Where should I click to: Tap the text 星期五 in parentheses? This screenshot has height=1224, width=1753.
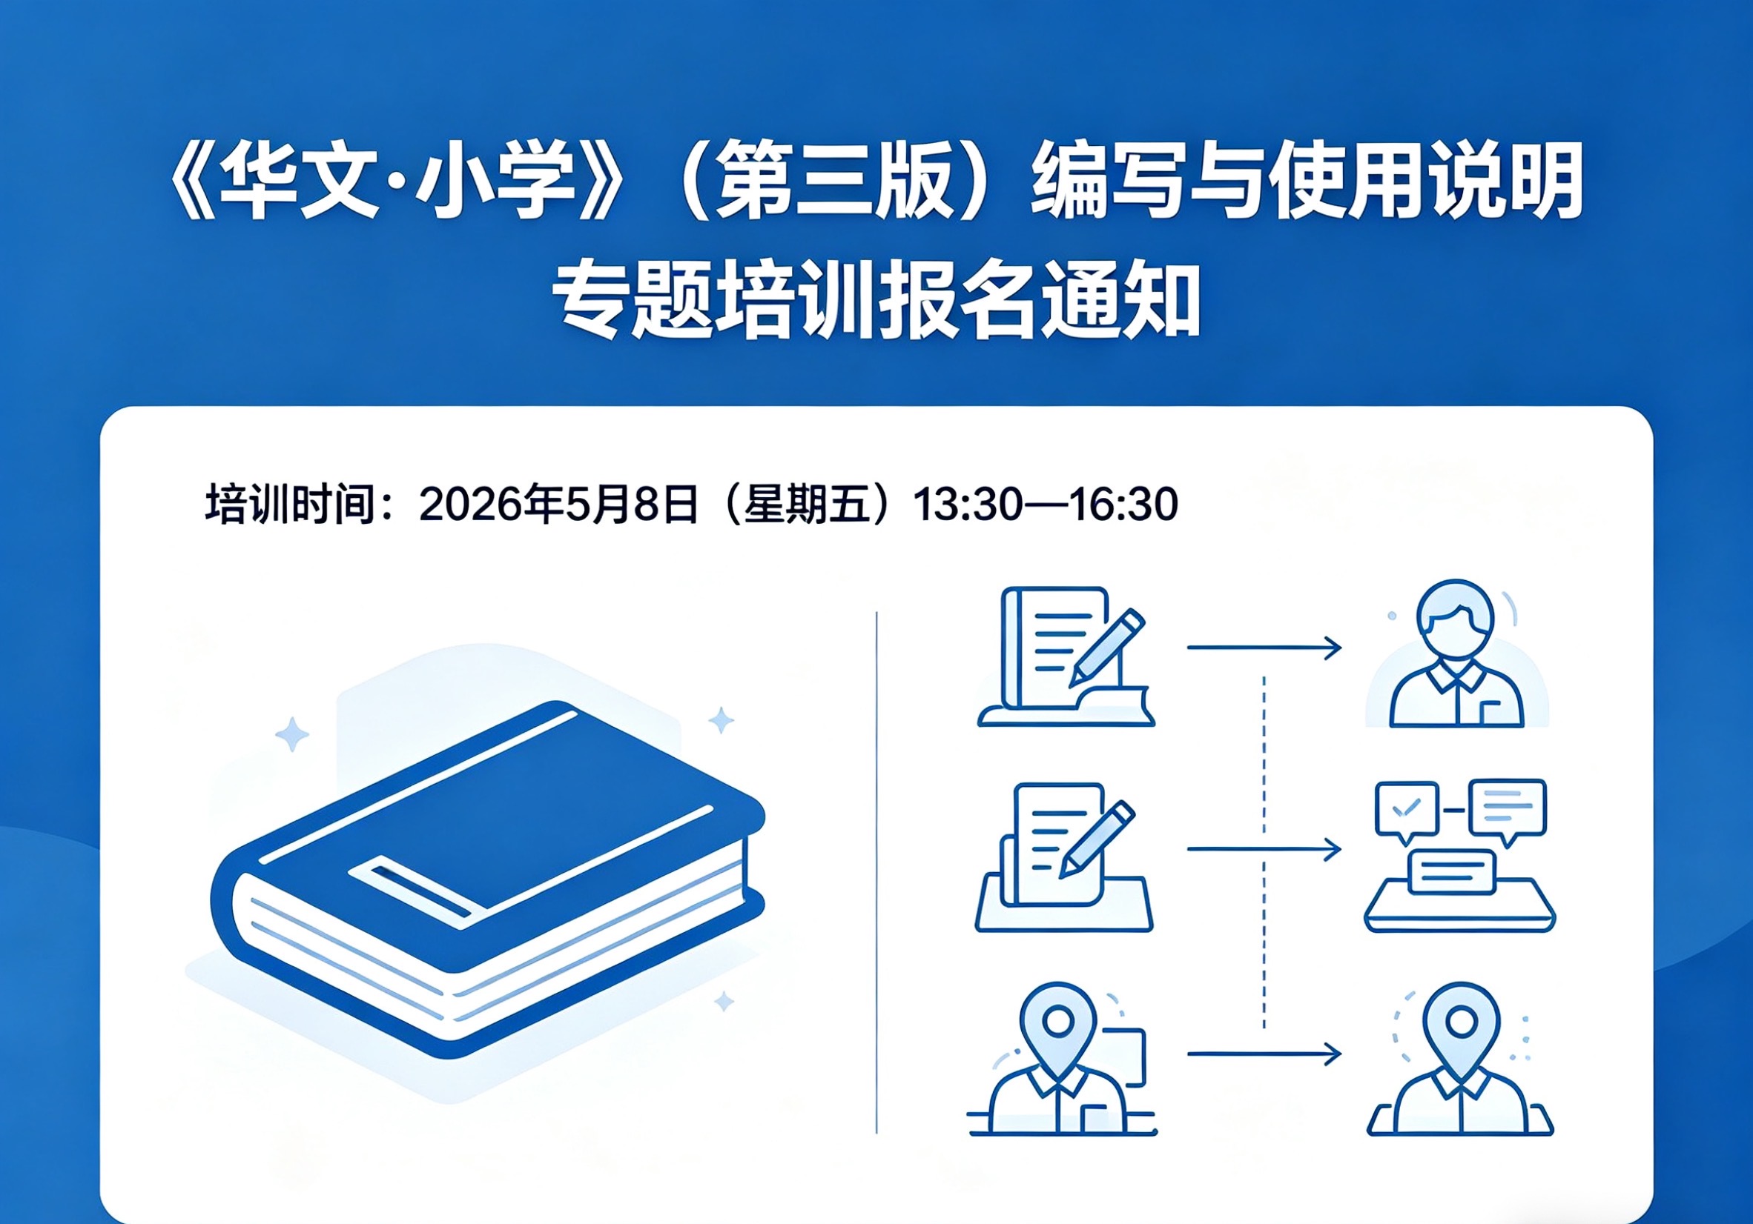807,504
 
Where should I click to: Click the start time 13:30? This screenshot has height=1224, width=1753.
966,504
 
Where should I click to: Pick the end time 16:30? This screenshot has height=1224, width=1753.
1123,504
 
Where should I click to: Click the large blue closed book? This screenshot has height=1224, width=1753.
489,877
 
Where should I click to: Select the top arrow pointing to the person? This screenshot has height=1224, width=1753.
1264,648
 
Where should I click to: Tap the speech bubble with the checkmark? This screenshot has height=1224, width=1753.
1407,810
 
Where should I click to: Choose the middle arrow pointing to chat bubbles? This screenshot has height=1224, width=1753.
1264,849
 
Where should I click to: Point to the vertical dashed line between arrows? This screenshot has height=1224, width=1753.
1264,847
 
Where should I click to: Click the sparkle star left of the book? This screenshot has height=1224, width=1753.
291,735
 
